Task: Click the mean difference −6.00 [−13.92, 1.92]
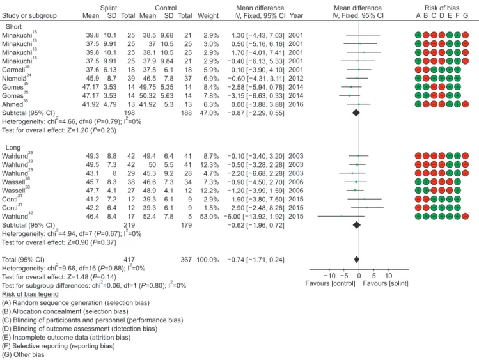(256, 217)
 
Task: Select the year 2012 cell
(295, 78)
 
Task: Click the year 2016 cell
(295, 104)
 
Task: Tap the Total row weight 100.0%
(208, 260)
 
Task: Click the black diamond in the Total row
(356, 260)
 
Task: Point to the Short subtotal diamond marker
(356, 113)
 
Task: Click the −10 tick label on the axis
(329, 276)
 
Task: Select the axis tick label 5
(374, 276)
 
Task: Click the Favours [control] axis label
(330, 283)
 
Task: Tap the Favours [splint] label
(386, 283)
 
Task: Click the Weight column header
(208, 15)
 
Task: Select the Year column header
(296, 15)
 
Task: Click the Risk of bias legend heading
(30, 294)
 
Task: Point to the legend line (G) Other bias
(23, 354)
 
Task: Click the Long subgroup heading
(13, 148)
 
